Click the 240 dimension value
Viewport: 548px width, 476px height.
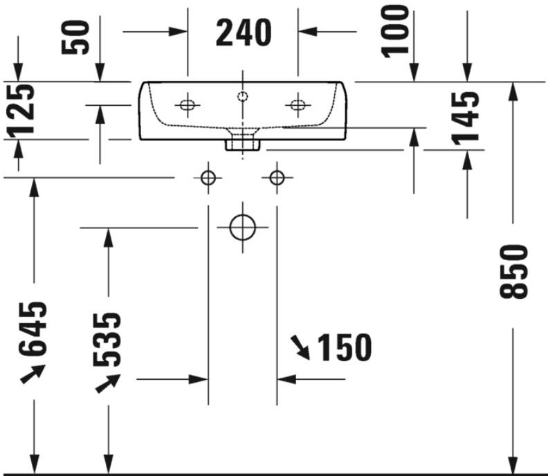[x=244, y=33]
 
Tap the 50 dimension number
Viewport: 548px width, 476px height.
[x=75, y=37]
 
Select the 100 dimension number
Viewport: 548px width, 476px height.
[x=395, y=31]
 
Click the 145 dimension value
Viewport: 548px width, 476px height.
[x=466, y=118]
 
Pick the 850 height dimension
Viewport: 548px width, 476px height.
[x=513, y=272]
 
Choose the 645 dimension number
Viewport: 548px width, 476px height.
[x=33, y=329]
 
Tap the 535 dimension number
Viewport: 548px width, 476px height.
[x=107, y=339]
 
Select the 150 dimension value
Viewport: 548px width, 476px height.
[x=345, y=347]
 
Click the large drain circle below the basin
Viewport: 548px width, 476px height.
[x=243, y=228]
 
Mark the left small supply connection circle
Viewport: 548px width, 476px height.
[x=208, y=178]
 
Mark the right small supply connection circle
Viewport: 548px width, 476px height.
[x=277, y=178]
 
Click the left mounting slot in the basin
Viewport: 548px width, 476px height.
[x=188, y=104]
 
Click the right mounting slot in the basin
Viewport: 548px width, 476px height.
[x=298, y=104]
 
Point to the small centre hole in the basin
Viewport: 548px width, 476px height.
[x=243, y=96]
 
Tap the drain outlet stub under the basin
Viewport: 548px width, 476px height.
[x=243, y=145]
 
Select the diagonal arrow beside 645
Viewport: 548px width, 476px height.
[x=33, y=374]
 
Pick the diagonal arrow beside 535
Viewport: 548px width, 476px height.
[x=108, y=383]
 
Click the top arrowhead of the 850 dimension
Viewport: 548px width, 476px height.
[x=513, y=91]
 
